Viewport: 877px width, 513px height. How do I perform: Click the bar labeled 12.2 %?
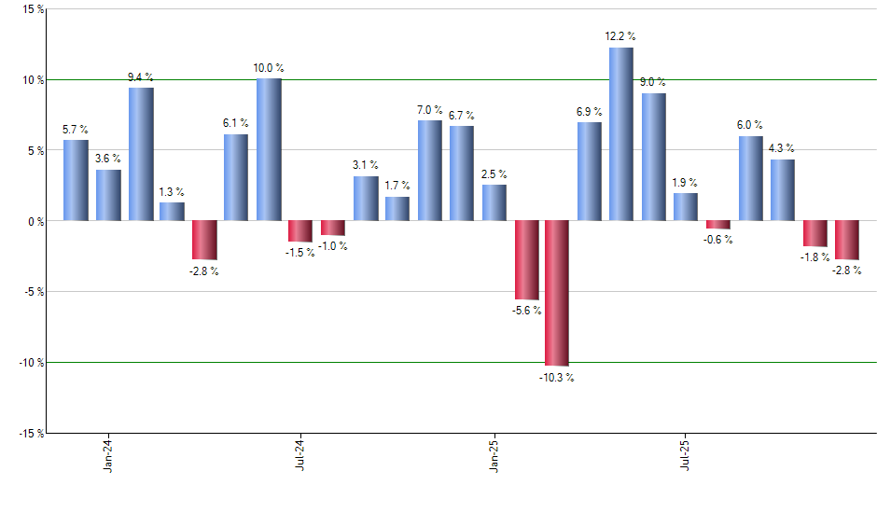click(621, 134)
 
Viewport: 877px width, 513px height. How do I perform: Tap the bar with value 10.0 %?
click(269, 149)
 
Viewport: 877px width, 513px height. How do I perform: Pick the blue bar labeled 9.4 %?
click(141, 154)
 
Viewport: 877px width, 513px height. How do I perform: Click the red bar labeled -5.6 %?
click(525, 260)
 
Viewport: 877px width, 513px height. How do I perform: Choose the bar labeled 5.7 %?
click(76, 180)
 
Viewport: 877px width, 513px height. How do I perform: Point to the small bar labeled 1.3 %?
click(172, 212)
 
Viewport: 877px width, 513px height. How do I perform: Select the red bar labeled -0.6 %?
click(718, 225)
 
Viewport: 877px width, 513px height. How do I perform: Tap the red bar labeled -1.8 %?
click(815, 233)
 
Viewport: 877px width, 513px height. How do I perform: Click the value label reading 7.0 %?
click(429, 111)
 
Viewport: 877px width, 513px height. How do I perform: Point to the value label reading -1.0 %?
click(333, 246)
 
